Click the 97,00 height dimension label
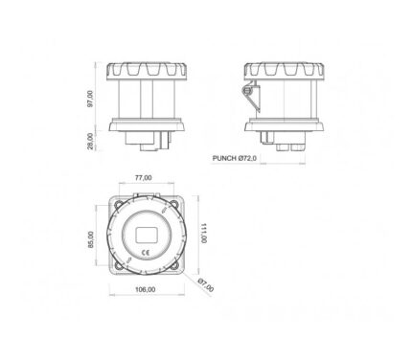pyautogui.click(x=90, y=99)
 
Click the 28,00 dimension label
pyautogui.click(x=90, y=141)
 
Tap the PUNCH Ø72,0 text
pyautogui.click(x=235, y=158)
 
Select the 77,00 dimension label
pyautogui.click(x=143, y=178)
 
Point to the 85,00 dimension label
pyautogui.click(x=91, y=239)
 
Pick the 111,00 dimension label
pyautogui.click(x=204, y=233)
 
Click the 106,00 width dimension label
pyautogui.click(x=146, y=289)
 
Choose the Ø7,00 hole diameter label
pyautogui.click(x=206, y=285)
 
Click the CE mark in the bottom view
pyautogui.click(x=146, y=253)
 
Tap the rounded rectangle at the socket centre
pyautogui.click(x=147, y=235)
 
